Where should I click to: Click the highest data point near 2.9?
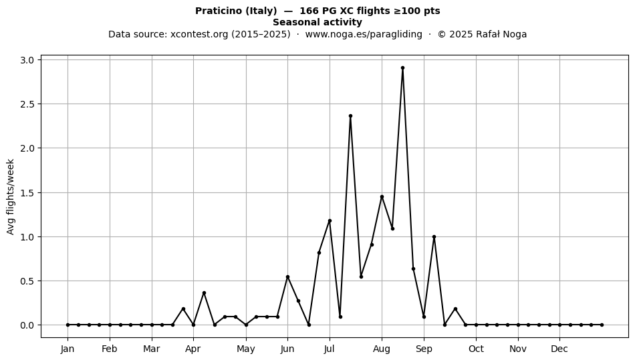coord(402,68)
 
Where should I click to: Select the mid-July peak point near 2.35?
coord(350,116)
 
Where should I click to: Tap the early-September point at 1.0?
coord(434,236)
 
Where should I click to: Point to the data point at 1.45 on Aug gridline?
coord(382,196)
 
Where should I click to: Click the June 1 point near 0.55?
coord(287,277)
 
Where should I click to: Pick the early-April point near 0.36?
coord(204,293)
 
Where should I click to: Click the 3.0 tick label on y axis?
coord(27,60)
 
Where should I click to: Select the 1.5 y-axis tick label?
coord(27,192)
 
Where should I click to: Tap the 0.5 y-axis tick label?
coord(27,281)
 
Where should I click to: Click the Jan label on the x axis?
coord(68,349)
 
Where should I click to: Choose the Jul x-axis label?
coord(330,349)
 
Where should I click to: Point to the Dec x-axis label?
coord(559,349)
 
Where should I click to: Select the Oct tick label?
coord(476,349)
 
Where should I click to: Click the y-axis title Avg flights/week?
coord(11,196)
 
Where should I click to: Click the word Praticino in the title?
coord(219,11)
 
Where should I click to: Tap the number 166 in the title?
coord(308,11)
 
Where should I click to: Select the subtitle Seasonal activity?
coord(317,22)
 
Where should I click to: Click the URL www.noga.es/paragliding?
coord(364,34)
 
